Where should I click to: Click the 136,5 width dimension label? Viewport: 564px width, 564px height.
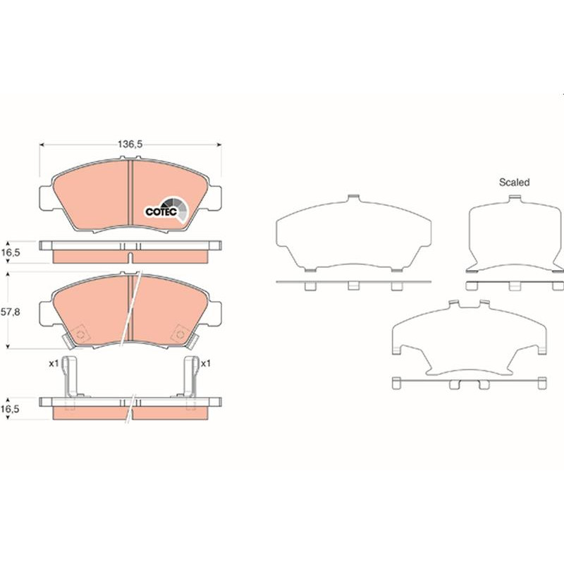130,145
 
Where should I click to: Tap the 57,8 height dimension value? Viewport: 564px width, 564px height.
10,312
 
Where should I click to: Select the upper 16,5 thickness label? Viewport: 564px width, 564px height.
10,252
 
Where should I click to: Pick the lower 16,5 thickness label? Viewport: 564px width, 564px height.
10,409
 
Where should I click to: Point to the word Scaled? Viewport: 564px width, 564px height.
515,183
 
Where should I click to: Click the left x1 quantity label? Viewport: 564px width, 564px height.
54,364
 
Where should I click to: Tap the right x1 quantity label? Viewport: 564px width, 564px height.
205,364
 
